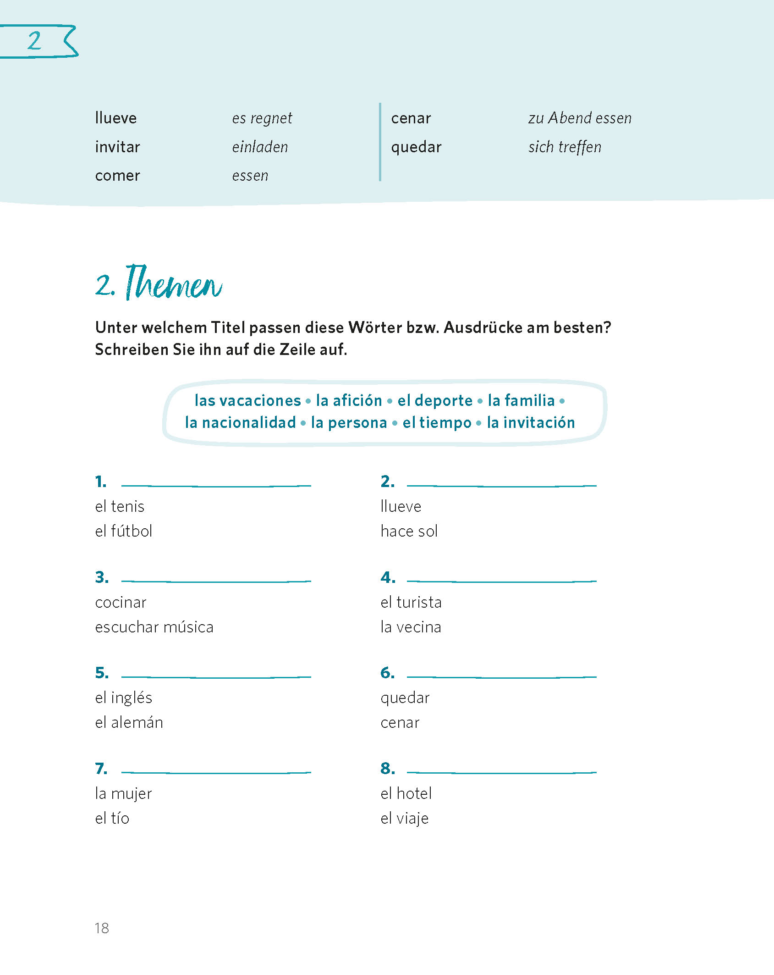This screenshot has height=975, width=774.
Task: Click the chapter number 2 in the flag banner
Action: click(x=34, y=41)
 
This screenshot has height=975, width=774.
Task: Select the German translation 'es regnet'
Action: click(x=262, y=118)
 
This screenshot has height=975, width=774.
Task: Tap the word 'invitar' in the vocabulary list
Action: click(x=117, y=147)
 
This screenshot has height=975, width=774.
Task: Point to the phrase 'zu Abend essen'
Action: click(x=580, y=118)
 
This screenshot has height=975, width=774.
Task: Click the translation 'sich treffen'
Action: click(x=565, y=147)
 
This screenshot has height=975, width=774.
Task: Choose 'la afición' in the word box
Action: click(x=349, y=400)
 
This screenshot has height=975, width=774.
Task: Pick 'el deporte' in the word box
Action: click(x=434, y=400)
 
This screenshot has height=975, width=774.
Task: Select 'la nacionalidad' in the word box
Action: click(x=240, y=422)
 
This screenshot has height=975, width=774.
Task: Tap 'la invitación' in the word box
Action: click(x=531, y=422)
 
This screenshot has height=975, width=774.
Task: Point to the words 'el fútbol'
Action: click(x=123, y=531)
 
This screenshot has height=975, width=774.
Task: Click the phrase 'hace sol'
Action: click(x=409, y=531)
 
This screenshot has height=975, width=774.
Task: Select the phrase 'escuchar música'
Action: click(x=154, y=627)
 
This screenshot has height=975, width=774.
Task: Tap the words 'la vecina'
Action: click(x=411, y=627)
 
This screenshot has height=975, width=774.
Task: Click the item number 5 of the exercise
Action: click(x=102, y=673)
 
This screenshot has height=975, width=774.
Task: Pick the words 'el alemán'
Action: click(x=129, y=723)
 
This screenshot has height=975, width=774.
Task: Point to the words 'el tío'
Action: click(x=112, y=818)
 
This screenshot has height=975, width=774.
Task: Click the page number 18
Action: click(x=102, y=928)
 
